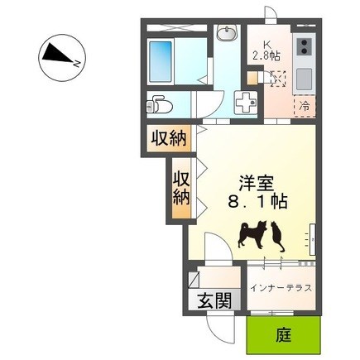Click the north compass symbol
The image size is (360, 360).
coord(62,58)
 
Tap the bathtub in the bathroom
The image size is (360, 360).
coord(161,61)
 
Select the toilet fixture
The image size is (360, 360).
coord(159,104)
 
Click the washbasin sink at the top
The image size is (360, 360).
coord(226,33)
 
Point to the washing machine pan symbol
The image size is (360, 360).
coord(246,103)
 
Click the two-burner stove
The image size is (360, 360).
coord(305,47)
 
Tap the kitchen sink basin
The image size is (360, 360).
coord(305,79)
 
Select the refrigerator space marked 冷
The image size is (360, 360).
coord(305,106)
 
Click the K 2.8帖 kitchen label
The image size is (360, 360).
coord(266,50)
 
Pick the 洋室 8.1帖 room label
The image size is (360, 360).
coord(257,192)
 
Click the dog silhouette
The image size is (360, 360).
coord(252,234)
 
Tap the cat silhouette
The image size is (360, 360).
coord(277,237)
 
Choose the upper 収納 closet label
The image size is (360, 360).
coord(168,137)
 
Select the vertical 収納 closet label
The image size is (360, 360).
coord(181,188)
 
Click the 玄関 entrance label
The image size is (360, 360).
coord(215,300)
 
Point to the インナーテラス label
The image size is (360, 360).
coord(281,288)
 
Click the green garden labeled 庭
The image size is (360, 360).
coord(284,335)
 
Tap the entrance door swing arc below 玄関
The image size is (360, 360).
coord(221,329)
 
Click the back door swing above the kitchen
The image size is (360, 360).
coord(271,14)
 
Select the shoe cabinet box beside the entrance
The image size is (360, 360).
coord(194,280)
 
